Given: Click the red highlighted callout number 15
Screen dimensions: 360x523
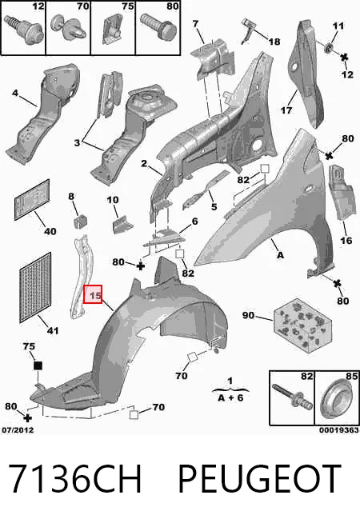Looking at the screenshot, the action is tap(93, 295).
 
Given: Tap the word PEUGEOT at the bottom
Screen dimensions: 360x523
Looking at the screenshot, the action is tap(259, 479).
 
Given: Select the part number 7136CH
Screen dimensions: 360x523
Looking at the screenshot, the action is tap(74, 479).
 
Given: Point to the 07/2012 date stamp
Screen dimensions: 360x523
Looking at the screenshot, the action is tap(18, 430).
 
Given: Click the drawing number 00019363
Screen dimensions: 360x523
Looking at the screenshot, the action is tap(338, 430).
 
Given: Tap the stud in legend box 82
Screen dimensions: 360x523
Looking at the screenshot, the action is tap(293, 397).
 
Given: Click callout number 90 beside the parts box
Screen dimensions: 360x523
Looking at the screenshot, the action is tap(248, 315).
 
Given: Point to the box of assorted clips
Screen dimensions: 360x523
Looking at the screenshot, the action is tap(303, 325).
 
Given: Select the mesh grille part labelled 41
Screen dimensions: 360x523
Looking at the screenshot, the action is tap(36, 288).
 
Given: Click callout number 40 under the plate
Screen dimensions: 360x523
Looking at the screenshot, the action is tap(50, 231).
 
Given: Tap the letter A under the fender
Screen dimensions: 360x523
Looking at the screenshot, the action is tap(280, 255).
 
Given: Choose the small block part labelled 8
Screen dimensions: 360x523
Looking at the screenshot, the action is tap(79, 222).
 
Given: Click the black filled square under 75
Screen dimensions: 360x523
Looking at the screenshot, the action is tap(38, 365).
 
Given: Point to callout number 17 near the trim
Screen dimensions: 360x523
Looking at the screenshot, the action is tap(286, 110).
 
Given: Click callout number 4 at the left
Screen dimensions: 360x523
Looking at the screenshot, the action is tap(14, 93).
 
